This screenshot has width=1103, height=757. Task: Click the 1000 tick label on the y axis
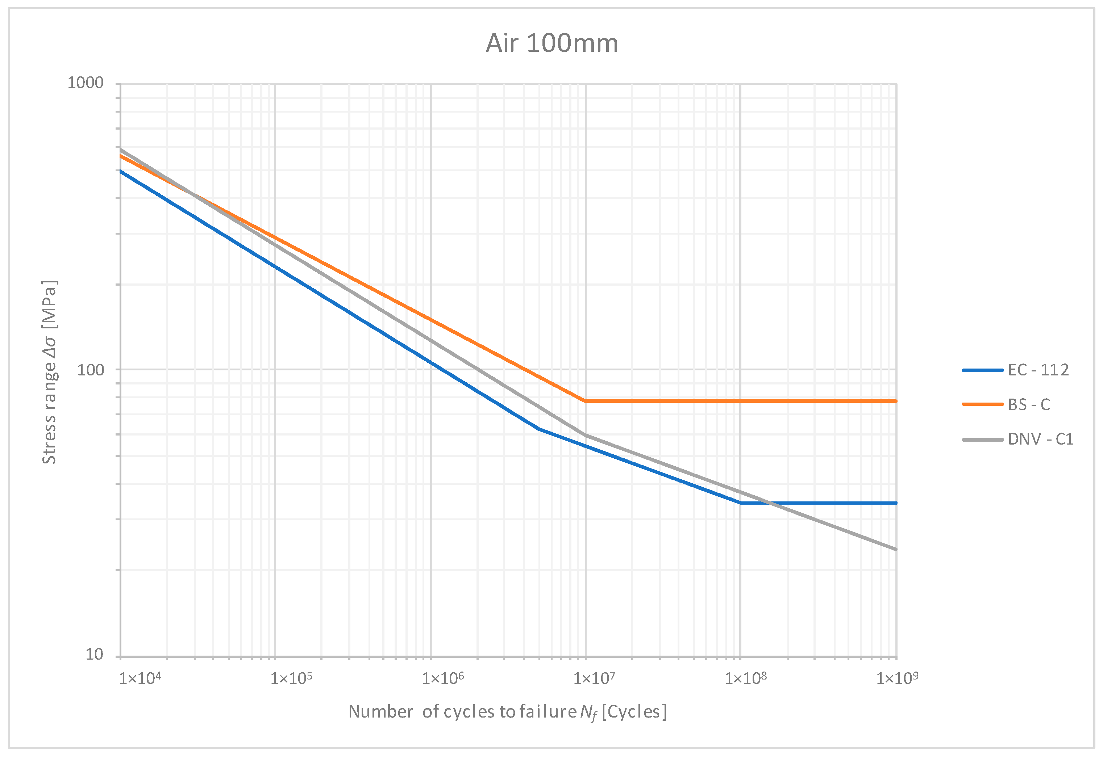pos(86,83)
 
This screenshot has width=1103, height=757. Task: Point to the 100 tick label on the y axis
pos(90,370)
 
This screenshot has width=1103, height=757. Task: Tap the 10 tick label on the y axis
pos(94,655)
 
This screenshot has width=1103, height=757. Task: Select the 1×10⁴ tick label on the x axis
pos(140,678)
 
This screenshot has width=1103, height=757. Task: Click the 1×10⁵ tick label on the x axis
pos(291,678)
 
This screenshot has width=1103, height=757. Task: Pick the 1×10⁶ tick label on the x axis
pos(443,678)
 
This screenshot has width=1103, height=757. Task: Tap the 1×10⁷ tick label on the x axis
pos(594,678)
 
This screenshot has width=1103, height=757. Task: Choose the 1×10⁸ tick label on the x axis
pos(746,678)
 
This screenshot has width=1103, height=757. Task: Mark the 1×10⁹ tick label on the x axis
pos(897,678)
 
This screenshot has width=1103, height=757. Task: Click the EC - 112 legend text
pos(1039,370)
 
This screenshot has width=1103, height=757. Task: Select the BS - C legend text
pos(1029,405)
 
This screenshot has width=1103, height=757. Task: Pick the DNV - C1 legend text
pos(1040,439)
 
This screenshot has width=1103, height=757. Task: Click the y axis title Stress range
pos(49,372)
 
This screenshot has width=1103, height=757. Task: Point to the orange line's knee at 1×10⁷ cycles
pos(586,401)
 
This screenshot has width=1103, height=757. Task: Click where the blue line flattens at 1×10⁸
pos(741,503)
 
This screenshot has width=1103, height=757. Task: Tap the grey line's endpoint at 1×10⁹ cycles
pos(896,550)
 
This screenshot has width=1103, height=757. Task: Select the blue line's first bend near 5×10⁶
pos(539,429)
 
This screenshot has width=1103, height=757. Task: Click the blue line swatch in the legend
pos(982,370)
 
